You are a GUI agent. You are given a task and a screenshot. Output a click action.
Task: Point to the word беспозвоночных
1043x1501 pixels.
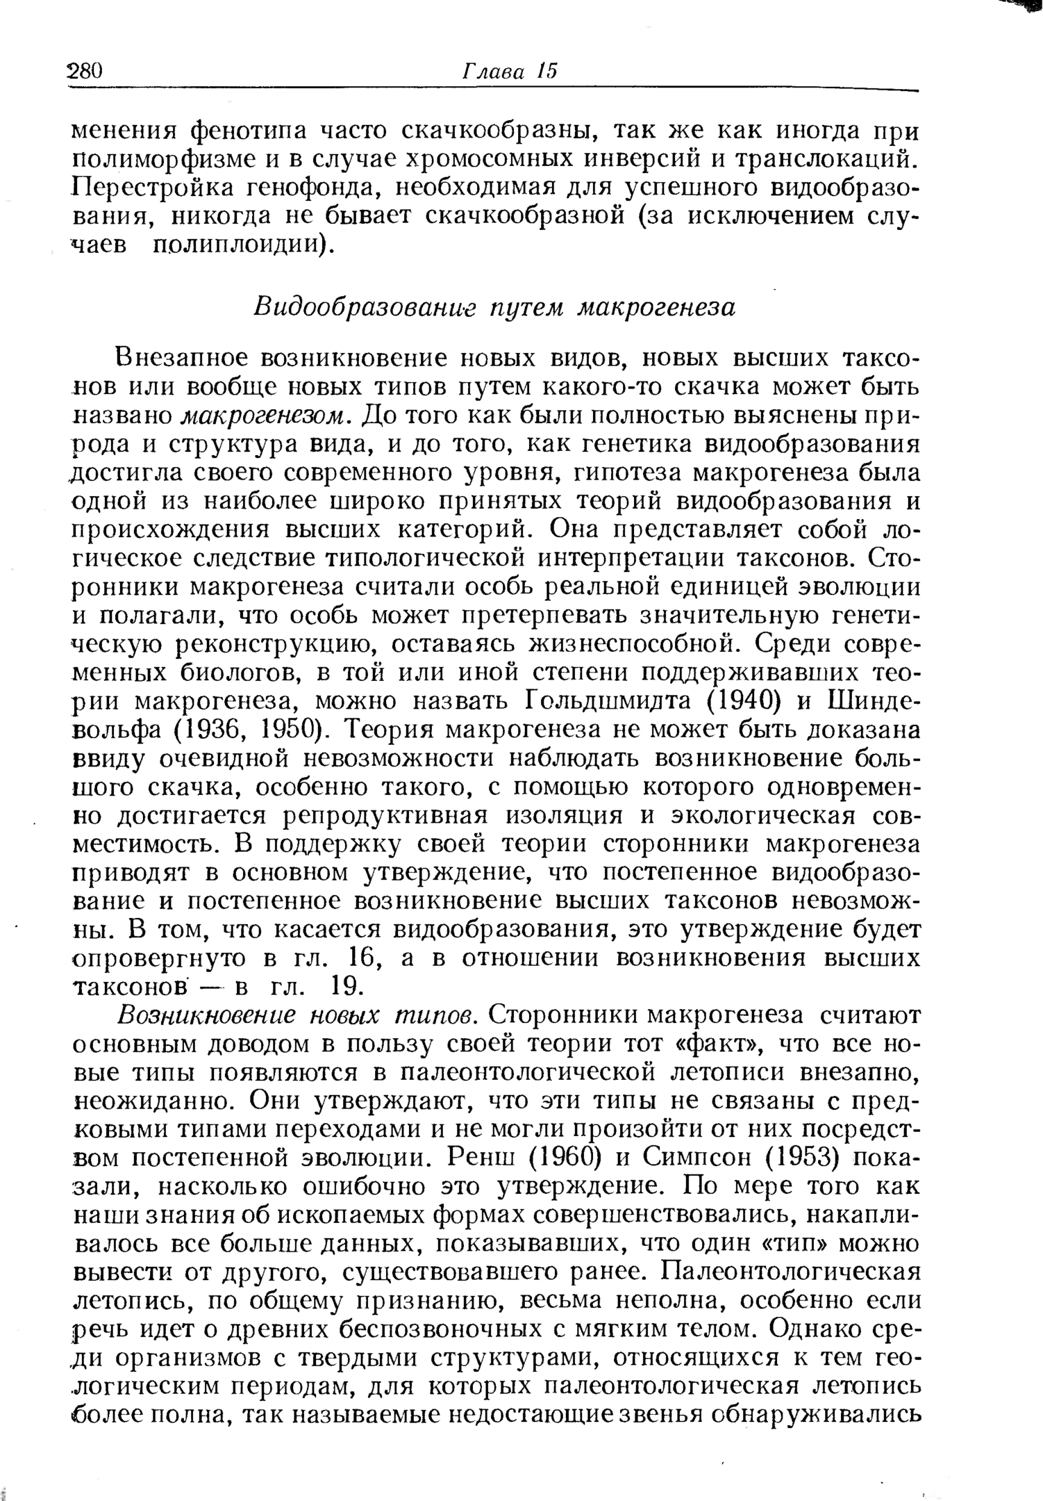[445, 1329]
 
